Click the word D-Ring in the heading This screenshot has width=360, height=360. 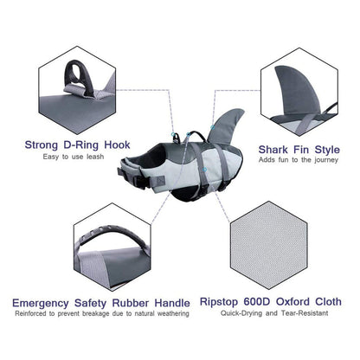tap(80, 145)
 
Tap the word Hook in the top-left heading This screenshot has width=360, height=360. tap(117, 145)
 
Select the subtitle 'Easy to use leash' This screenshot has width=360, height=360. tap(74, 157)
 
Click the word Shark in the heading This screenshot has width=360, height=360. tap(273, 150)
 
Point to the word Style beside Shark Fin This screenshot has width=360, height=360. tap(327, 150)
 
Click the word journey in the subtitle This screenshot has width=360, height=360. tap(326, 160)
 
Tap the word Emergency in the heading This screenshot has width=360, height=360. tap(41, 304)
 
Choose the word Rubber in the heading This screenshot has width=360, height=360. tap(131, 303)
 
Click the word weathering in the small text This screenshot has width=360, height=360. tap(173, 313)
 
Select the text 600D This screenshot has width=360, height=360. tap(257, 302)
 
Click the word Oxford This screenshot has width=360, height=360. tap(292, 302)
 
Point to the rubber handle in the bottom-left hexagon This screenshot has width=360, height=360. tap(112, 235)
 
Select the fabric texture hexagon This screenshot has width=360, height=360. tap(268, 245)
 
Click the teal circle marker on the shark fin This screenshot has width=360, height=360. tap(213, 127)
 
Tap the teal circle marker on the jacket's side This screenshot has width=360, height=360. tap(204, 170)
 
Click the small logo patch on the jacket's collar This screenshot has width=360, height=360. tap(160, 180)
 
